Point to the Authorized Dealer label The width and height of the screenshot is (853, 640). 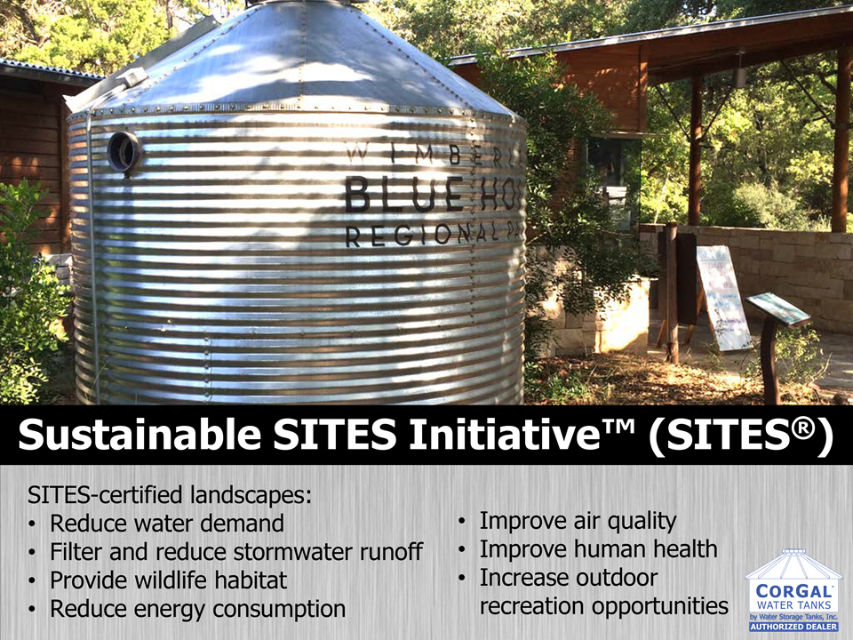coord(793,626)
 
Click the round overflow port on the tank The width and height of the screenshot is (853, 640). coord(124,151)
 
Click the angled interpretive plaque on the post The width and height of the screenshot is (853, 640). coord(778,308)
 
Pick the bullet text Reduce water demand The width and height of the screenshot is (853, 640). coord(167,523)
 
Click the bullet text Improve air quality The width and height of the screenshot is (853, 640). coord(578,521)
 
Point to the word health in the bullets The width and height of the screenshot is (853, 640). coord(682,549)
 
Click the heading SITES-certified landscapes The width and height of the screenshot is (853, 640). coord(172,493)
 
